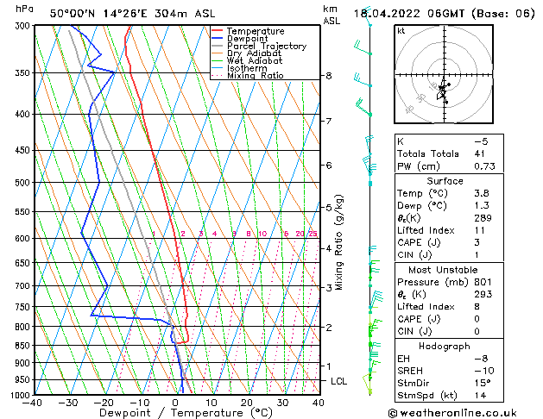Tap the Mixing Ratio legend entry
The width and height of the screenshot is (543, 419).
click(x=255, y=76)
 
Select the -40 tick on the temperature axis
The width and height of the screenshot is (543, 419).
click(x=33, y=403)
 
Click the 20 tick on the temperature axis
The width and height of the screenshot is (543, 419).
click(x=247, y=403)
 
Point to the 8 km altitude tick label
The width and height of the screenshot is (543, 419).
click(x=328, y=76)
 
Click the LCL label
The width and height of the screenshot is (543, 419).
click(x=339, y=381)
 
